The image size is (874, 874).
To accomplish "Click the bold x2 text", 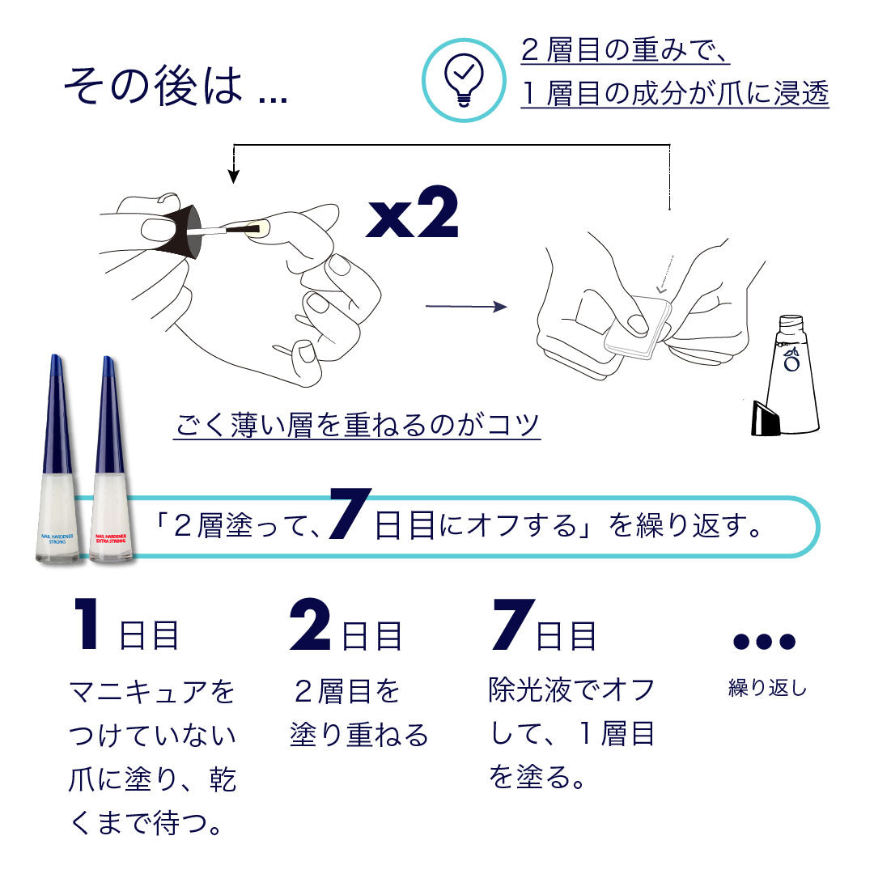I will click(x=412, y=214).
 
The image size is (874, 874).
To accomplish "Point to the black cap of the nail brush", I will click(x=176, y=231).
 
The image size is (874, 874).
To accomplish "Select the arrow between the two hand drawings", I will click(x=465, y=307).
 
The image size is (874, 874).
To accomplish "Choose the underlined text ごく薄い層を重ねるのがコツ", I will click(x=357, y=424).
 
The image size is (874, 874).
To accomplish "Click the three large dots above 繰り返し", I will click(x=764, y=641).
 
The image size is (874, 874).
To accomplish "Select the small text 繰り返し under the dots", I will click(x=767, y=689).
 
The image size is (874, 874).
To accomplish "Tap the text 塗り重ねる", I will click(x=359, y=735).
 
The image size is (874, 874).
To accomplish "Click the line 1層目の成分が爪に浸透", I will click(x=675, y=95).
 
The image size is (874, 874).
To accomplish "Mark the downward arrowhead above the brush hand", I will click(x=234, y=176).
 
